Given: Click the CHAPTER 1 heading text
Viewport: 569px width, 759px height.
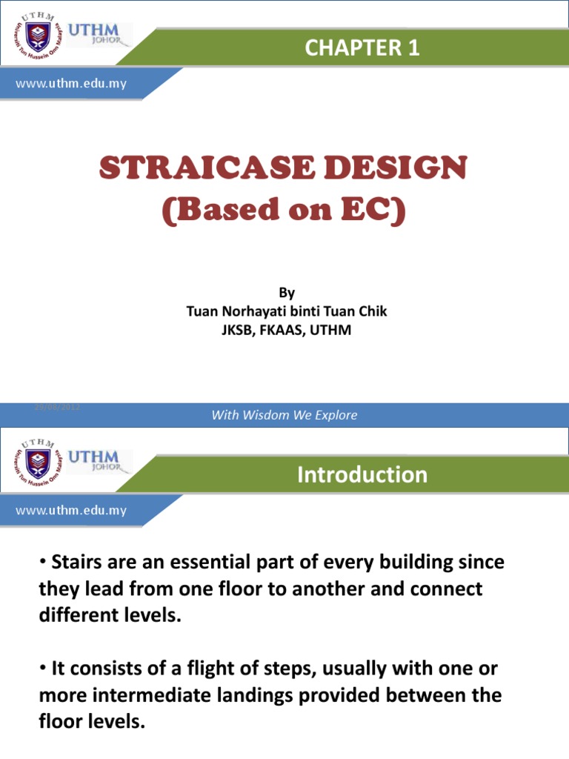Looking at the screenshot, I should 362,48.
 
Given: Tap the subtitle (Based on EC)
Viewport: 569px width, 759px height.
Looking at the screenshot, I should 284,211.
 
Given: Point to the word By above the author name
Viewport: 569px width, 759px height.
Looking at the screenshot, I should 286,293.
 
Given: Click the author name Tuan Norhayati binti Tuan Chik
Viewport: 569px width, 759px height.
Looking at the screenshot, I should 286,311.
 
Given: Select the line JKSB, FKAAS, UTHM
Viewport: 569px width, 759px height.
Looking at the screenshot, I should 286,331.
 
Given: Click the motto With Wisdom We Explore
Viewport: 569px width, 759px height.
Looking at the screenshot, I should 284,415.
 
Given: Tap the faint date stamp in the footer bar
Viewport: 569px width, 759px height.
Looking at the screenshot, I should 58,408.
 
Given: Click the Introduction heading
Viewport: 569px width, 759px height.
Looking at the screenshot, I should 362,474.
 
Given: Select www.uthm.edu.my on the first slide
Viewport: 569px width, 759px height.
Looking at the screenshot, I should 72,83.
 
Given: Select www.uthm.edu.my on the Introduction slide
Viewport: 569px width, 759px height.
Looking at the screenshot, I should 72,510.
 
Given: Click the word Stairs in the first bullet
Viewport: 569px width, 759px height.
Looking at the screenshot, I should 76,563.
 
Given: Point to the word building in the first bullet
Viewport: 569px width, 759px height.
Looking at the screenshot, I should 416,563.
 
